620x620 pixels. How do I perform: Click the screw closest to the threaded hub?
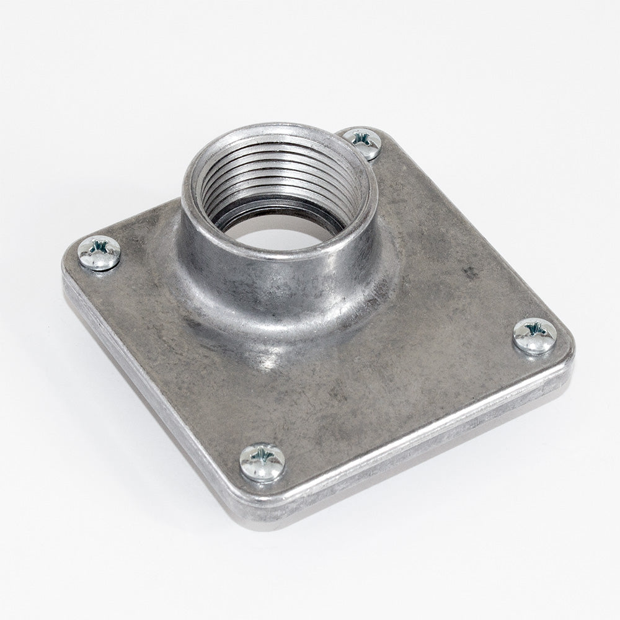(363, 143)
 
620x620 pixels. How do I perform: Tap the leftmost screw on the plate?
(99, 253)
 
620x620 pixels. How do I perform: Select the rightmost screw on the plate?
(534, 336)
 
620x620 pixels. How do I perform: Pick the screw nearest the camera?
(262, 462)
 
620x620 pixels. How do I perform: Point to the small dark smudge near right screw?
(471, 273)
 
